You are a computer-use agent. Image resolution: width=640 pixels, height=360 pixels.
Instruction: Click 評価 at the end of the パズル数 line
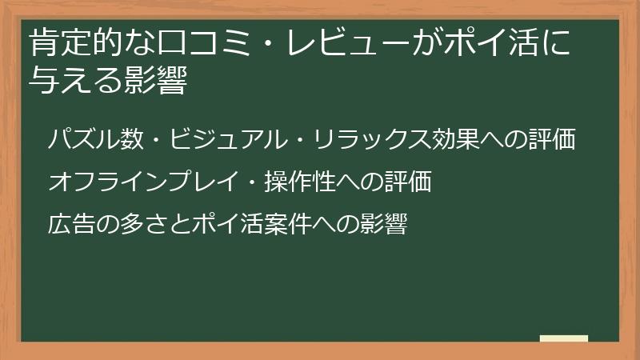[x=551, y=139]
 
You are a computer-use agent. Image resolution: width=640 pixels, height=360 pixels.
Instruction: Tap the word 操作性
[x=300, y=182]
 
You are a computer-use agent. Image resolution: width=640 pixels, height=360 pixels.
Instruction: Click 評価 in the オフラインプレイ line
[x=407, y=182]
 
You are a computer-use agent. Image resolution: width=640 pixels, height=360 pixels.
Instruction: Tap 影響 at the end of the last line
[x=384, y=225]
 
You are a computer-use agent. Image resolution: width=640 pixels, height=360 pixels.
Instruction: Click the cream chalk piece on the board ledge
[x=563, y=338]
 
